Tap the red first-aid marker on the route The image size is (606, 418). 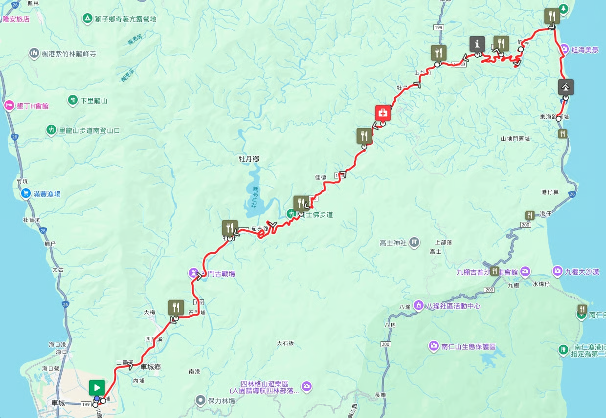click(x=383, y=113)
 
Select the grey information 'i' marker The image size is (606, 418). click(x=477, y=44)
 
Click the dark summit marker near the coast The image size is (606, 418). click(x=565, y=87)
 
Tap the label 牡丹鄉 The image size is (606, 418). click(x=248, y=159)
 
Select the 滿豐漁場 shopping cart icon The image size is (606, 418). click(x=25, y=194)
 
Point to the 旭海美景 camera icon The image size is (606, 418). click(x=564, y=49)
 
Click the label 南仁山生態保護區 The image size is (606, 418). click(x=469, y=347)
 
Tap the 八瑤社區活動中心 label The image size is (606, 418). click(x=453, y=306)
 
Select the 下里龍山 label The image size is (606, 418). click(x=94, y=101)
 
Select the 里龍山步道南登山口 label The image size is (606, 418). click(x=89, y=131)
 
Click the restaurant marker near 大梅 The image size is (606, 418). click(x=176, y=308)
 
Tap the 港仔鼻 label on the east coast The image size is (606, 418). click(x=550, y=192)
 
